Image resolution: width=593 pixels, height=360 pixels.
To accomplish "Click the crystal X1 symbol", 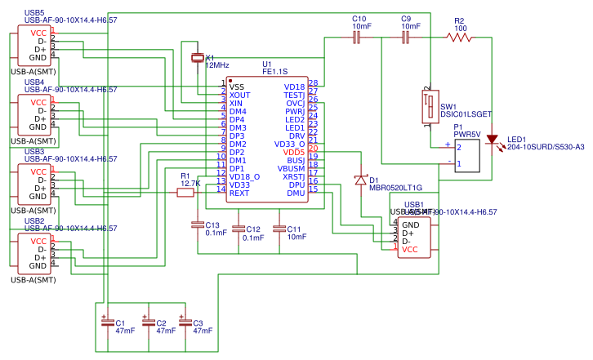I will pyautogui.click(x=197, y=57).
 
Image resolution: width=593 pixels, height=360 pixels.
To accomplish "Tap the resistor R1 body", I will pyautogui.click(x=185, y=193).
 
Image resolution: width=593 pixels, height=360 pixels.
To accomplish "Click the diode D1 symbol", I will pyautogui.click(x=360, y=180).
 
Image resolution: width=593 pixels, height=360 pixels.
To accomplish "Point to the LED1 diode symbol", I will pyautogui.click(x=492, y=140).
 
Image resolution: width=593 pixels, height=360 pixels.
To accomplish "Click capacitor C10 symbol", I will pyautogui.click(x=357, y=37).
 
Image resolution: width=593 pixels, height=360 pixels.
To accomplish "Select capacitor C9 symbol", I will pyautogui.click(x=405, y=37).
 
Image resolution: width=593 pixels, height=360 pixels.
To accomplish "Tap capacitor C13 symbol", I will pyautogui.click(x=197, y=224).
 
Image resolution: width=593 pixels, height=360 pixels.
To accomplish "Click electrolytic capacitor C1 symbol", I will pyautogui.click(x=107, y=322).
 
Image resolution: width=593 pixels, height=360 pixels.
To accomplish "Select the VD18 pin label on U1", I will pyautogui.click(x=294, y=87).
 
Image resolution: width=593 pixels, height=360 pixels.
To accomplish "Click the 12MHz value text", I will pyautogui.click(x=216, y=64).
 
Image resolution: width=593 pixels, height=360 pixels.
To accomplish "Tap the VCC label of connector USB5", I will pyautogui.click(x=38, y=33).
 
